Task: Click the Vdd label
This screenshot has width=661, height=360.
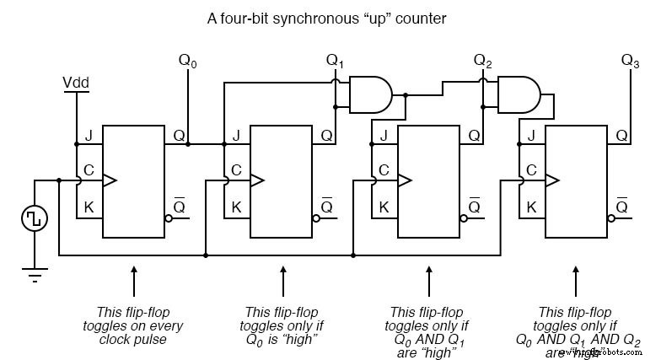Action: [77, 83]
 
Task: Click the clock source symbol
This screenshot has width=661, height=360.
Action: [35, 218]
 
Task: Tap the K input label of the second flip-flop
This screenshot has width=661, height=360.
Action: [236, 207]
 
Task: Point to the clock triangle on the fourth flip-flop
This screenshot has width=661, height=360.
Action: [552, 180]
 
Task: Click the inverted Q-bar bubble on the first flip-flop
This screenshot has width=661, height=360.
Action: [169, 218]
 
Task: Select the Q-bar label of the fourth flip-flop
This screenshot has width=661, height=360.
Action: [621, 206]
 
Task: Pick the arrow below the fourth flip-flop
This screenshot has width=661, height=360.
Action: [578, 278]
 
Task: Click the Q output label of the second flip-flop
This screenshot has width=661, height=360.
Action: [326, 136]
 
